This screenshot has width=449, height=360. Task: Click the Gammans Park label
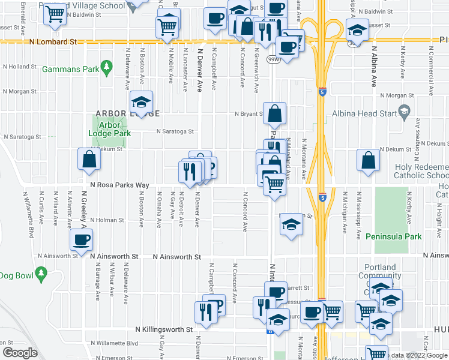point(70,69)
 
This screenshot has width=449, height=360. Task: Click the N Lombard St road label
point(54,43)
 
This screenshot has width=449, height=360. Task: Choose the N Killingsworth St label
point(163,329)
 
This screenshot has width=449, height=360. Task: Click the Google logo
point(19,352)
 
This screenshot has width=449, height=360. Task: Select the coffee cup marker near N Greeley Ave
point(81,241)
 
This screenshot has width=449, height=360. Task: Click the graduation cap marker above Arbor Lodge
point(142,102)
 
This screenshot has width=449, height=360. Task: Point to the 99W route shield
point(273,59)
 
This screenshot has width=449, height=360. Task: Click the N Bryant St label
point(249,113)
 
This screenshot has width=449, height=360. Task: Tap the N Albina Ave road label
point(373,66)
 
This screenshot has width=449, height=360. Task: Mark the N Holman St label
point(107,220)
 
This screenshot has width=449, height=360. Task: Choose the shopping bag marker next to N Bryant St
point(274,113)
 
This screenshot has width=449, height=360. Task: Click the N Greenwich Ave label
point(256,77)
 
